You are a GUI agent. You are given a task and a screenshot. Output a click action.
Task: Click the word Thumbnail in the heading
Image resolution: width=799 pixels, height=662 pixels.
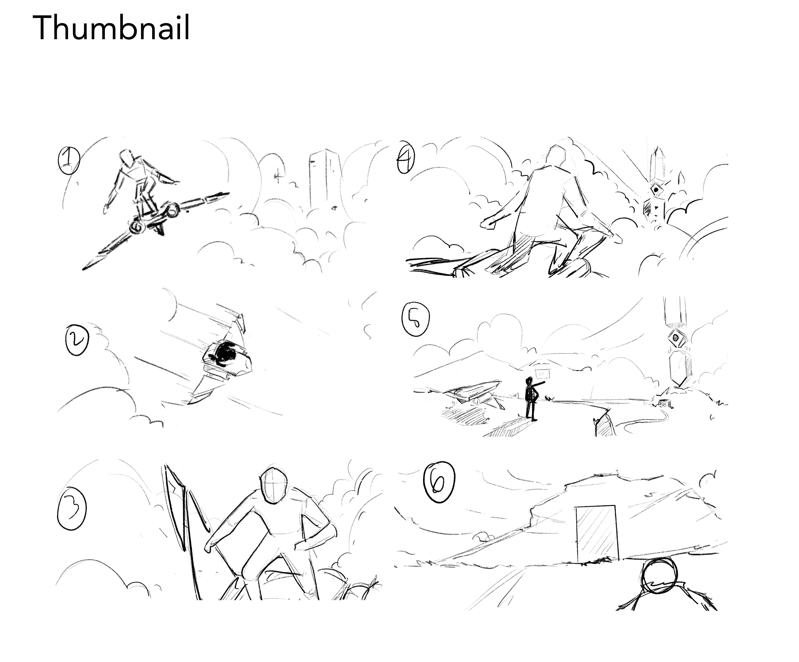point(111,28)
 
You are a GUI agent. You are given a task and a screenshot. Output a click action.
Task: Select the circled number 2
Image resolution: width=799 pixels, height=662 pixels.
point(77,341)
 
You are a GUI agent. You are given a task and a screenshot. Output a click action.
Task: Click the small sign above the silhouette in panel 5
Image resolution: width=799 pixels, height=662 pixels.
point(542,372)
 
